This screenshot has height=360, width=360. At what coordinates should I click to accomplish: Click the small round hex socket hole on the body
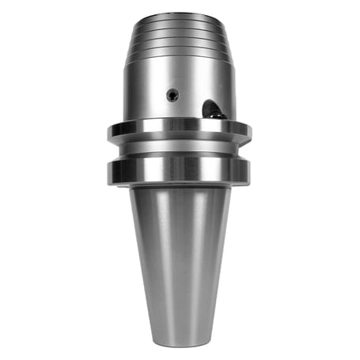click(x=172, y=95)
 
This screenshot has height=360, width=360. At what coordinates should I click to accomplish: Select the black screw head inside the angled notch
click(x=216, y=115)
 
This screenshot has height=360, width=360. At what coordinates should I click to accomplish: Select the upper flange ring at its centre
click(x=179, y=130)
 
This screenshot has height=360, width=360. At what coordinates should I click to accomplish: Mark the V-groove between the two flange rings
click(x=179, y=150)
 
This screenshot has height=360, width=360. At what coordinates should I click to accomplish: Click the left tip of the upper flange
click(x=109, y=131)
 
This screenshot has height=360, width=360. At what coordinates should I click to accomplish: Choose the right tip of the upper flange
click(x=250, y=131)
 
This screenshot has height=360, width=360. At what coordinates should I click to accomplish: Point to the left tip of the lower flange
click(x=109, y=169)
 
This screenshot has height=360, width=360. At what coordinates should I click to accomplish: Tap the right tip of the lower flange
click(x=249, y=169)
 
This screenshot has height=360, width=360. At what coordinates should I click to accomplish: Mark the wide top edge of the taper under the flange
click(x=180, y=190)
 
